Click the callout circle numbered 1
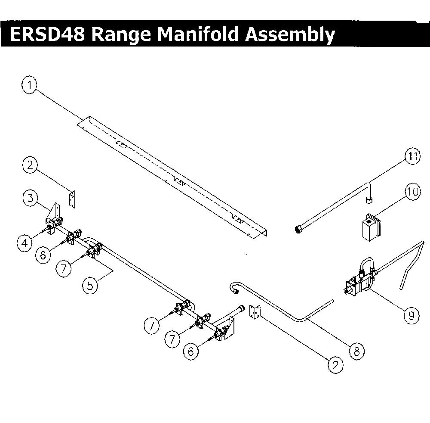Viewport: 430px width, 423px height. [x=30, y=85]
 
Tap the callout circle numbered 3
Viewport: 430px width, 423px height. [x=31, y=197]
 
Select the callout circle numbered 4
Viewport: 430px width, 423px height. [x=25, y=243]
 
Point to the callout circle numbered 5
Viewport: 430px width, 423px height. [x=90, y=286]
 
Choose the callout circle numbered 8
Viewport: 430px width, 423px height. [x=356, y=351]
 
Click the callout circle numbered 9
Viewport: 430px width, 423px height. [x=412, y=316]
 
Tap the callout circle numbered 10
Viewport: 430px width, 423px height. [x=413, y=191]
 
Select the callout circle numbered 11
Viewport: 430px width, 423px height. [x=413, y=157]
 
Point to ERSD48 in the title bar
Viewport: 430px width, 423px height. [x=47, y=34]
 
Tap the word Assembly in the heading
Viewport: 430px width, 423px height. [x=290, y=35]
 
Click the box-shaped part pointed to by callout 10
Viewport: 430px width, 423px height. [x=371, y=227]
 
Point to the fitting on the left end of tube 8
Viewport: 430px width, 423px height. [x=234, y=289]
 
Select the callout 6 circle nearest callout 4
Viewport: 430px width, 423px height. [x=43, y=255]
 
